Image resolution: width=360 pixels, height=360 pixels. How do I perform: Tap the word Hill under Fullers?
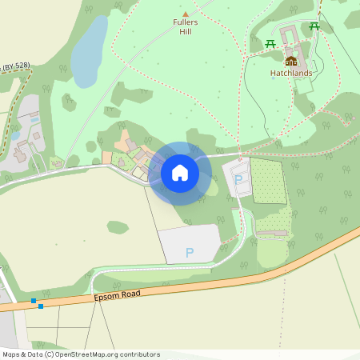(x=186, y=32)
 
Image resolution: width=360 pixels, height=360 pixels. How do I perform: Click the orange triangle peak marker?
(x=186, y=14)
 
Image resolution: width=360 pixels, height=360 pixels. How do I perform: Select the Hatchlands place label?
(x=290, y=73)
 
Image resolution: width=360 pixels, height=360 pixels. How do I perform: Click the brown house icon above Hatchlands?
(x=290, y=60)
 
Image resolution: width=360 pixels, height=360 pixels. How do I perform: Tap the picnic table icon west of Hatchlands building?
(x=270, y=43)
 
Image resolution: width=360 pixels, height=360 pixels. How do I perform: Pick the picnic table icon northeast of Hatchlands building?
(x=314, y=26)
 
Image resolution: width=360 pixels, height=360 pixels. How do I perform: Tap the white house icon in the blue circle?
(x=180, y=173)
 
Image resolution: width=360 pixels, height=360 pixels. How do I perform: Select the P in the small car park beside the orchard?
(x=238, y=180)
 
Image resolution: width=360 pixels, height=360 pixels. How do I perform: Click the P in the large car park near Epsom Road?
(x=190, y=253)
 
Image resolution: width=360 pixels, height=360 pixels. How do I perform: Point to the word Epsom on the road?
(x=106, y=295)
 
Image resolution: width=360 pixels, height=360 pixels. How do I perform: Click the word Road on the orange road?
(x=130, y=294)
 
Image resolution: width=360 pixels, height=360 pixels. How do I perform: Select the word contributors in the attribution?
(x=138, y=354)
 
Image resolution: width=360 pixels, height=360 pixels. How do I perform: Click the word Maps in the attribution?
(x=12, y=354)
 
